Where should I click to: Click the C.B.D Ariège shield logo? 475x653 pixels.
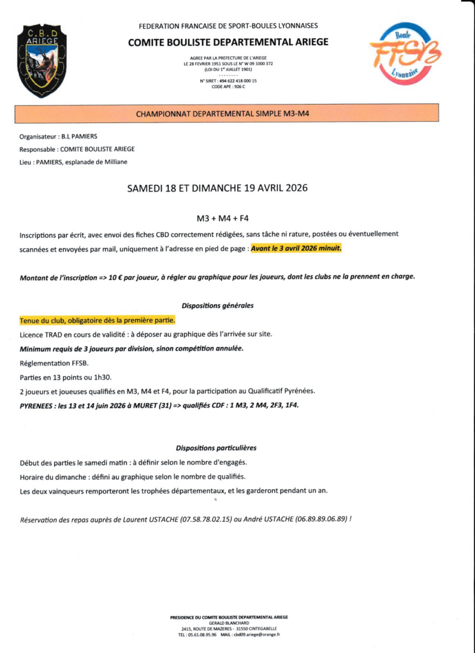click(x=41, y=60)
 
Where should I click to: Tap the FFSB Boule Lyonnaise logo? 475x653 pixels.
click(x=406, y=54)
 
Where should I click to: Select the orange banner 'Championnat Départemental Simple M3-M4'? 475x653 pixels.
click(x=227, y=114)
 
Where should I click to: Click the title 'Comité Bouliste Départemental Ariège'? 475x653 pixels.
click(x=228, y=42)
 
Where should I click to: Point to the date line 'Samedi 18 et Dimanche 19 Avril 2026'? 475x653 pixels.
click(x=217, y=188)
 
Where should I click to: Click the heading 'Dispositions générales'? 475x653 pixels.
click(x=217, y=305)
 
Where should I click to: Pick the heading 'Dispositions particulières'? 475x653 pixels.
click(x=216, y=448)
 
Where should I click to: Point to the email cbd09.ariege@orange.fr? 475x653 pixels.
click(x=257, y=635)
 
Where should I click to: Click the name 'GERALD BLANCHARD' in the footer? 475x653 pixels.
click(x=228, y=623)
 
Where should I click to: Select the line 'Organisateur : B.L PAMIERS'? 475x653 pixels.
click(x=59, y=136)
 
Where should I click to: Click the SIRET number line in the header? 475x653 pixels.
click(x=228, y=81)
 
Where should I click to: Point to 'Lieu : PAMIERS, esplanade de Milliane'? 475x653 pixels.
click(x=73, y=162)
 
